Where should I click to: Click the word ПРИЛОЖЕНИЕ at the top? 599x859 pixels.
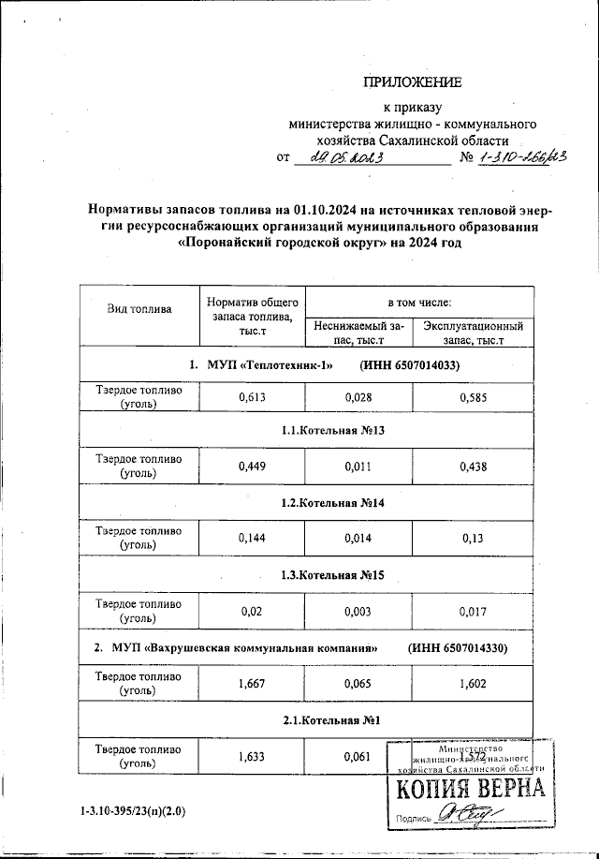[x=412, y=82]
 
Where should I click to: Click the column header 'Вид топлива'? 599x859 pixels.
[x=139, y=308]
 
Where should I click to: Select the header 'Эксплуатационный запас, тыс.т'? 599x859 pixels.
[x=472, y=333]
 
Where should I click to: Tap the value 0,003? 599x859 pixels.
[x=360, y=610]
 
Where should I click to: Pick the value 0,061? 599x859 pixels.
[x=360, y=756]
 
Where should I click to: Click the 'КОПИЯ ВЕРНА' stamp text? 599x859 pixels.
[x=471, y=790]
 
